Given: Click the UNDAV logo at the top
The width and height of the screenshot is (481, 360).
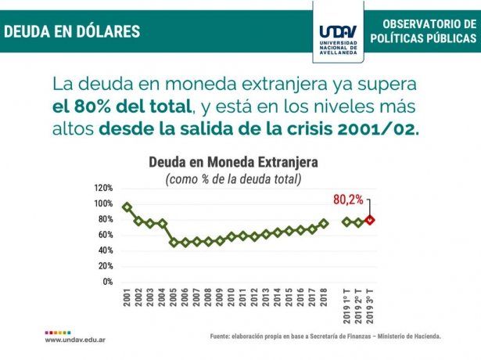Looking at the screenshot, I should [x=339, y=31].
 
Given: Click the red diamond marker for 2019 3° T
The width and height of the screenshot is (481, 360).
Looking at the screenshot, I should [x=371, y=220].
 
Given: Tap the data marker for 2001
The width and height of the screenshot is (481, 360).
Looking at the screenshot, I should [x=127, y=207].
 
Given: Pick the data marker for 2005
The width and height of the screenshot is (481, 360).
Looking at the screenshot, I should [x=174, y=243].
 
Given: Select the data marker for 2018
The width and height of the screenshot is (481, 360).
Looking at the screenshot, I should [x=324, y=223].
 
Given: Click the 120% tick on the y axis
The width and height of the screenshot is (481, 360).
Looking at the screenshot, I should [x=103, y=188].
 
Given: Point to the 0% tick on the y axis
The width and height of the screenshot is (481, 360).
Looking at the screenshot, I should [x=107, y=282].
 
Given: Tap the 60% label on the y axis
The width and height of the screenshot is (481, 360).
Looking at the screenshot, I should [x=106, y=235].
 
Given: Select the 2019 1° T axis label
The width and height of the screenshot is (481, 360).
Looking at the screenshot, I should [x=347, y=306].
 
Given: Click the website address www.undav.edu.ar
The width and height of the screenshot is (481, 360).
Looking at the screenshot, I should [x=75, y=340].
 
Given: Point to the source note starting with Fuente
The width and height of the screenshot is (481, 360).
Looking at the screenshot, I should [x=325, y=337].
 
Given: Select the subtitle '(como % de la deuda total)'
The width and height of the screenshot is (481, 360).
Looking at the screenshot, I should [x=233, y=179].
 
